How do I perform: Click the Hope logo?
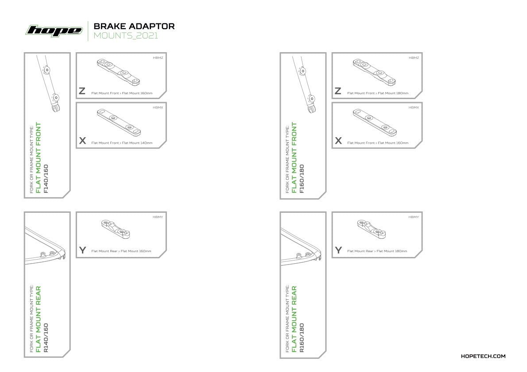pyautogui.click(x=54, y=31)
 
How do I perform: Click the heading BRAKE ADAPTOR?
pyautogui.click(x=134, y=26)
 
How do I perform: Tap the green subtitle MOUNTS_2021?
pyautogui.click(x=126, y=35)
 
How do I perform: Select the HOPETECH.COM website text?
pyautogui.click(x=483, y=356)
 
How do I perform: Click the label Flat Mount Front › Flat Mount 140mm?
pyautogui.click(x=122, y=143)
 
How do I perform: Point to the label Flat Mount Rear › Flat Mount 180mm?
pyautogui.click(x=377, y=251)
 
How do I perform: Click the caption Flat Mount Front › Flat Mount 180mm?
pyautogui.click(x=378, y=93)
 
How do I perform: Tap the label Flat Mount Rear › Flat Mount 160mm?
pyautogui.click(x=121, y=251)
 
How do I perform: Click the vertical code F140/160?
pyautogui.click(x=46, y=179)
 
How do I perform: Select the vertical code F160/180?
pyautogui.click(x=302, y=179)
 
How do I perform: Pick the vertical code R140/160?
pyautogui.click(x=46, y=338)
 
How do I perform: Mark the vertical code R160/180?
pyautogui.click(x=302, y=338)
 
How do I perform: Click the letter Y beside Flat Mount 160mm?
pyautogui.click(x=82, y=250)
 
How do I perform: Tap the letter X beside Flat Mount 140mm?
pyautogui.click(x=82, y=141)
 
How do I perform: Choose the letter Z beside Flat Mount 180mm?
pyautogui.click(x=338, y=91)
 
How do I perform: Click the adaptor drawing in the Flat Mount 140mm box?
pyautogui.click(x=119, y=123)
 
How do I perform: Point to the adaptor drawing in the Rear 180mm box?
pyautogui.click(x=372, y=229)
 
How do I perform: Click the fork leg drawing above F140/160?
pyautogui.click(x=49, y=84)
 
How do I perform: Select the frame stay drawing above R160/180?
pyautogui.click(x=300, y=247)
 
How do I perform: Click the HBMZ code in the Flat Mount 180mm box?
pyautogui.click(x=414, y=58)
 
